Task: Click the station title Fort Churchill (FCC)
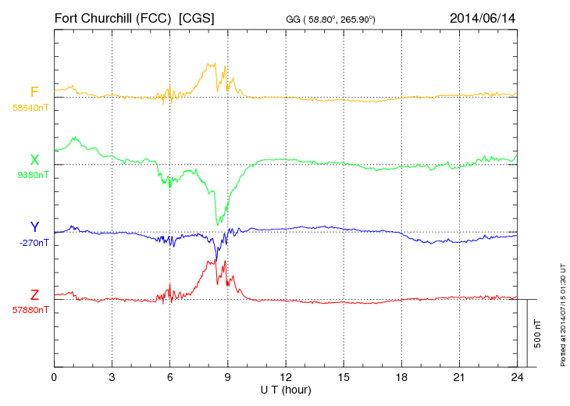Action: (x=112, y=17)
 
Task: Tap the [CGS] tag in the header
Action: (x=197, y=17)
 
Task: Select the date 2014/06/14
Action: (x=483, y=17)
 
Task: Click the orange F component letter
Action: (x=34, y=92)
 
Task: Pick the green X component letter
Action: (x=34, y=160)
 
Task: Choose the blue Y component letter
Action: (x=34, y=227)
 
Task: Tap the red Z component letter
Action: (x=34, y=294)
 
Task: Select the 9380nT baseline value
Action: (x=32, y=175)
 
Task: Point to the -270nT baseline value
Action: (x=34, y=243)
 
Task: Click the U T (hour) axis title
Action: (x=286, y=390)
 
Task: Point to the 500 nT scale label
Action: (x=538, y=333)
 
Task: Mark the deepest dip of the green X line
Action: (x=219, y=225)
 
